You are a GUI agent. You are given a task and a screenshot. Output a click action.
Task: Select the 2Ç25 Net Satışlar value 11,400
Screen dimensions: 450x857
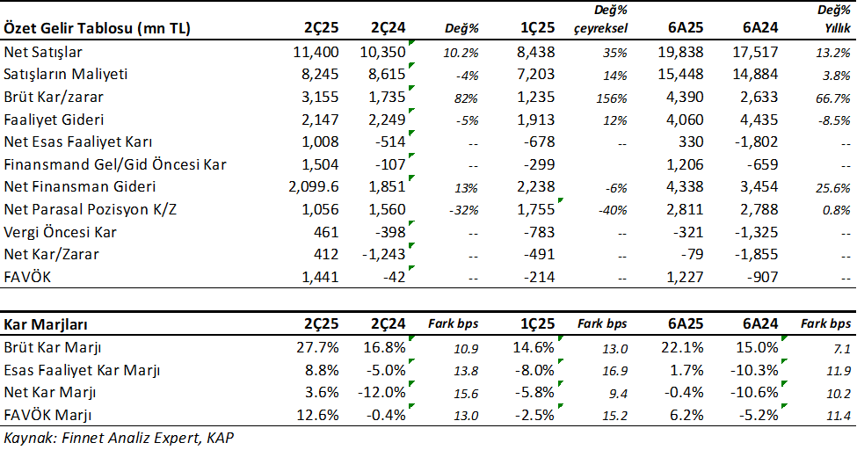click(x=315, y=52)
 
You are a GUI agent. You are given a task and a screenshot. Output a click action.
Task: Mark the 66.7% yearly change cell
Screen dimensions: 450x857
click(x=835, y=98)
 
